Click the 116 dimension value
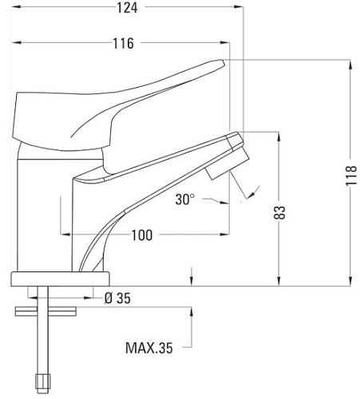point(122,43)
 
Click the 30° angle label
point(185,199)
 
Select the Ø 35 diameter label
point(118,298)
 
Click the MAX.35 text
point(149,348)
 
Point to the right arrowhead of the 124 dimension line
point(237,8)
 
